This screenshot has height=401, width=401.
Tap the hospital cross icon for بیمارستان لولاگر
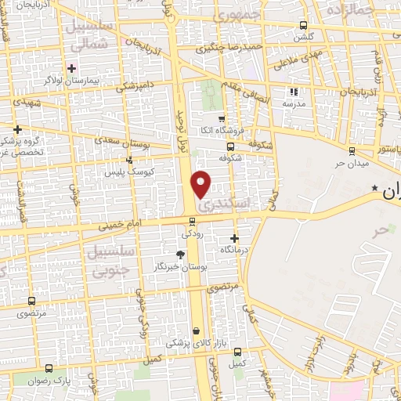[72, 68]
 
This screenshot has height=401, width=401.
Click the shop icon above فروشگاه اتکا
[222, 118]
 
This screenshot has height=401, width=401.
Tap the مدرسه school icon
[294, 92]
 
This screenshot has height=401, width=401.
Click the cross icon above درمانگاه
[235, 237]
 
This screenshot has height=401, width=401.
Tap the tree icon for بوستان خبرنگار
[181, 255]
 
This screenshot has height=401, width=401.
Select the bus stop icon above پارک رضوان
[49, 367]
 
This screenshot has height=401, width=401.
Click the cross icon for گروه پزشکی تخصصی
[17, 129]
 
